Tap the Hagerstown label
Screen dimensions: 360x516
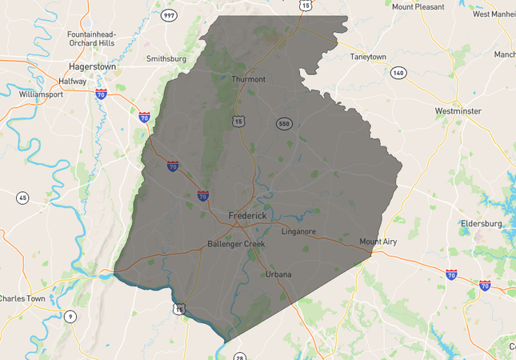coord(91,67)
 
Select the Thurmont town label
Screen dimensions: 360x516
coord(248,79)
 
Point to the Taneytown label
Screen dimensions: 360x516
coord(368,57)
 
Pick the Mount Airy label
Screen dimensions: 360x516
coord(378,241)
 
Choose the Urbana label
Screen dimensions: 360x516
coord(278,274)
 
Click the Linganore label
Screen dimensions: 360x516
coord(298,231)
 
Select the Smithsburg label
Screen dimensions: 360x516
coord(166,58)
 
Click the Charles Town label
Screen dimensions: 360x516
coord(22,298)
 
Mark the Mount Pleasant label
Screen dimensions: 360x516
coord(418,6)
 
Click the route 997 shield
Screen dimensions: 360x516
coord(168,15)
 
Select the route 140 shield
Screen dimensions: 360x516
coord(398,73)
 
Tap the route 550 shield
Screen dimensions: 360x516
coord(284,124)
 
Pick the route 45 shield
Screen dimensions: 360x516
coord(22,198)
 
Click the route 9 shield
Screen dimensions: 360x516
coord(70,316)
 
